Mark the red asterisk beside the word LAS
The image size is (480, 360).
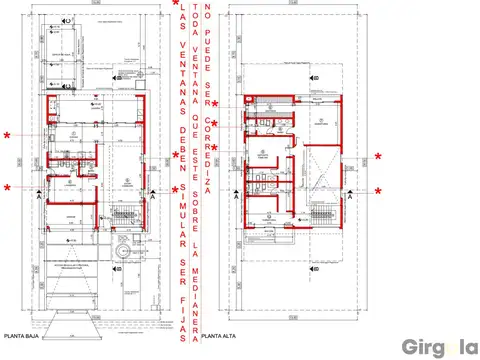[x=176, y=6]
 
